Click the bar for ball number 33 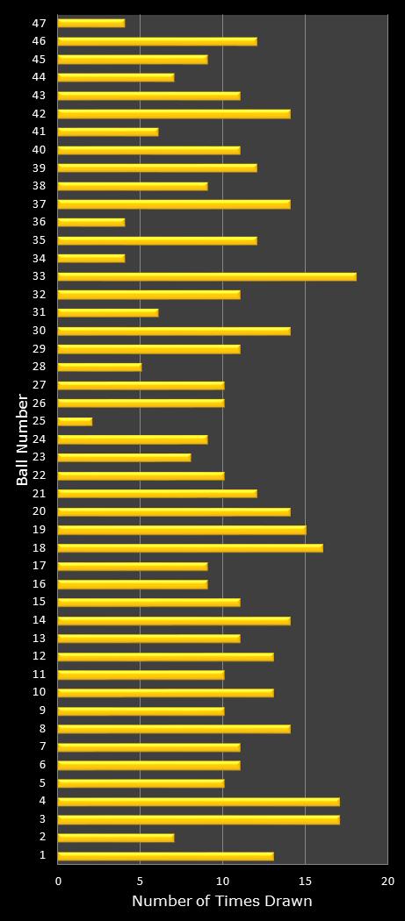(x=206, y=276)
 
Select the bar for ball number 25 (x=75, y=422)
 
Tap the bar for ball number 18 (x=190, y=548)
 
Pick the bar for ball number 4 (x=199, y=802)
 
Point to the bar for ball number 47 (x=91, y=23)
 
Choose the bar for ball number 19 (x=182, y=530)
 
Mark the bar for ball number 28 (x=99, y=368)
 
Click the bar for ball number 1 (x=165, y=856)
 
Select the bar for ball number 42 (x=174, y=114)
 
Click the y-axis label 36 (x=39, y=222)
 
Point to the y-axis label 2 (x=42, y=838)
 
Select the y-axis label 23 (x=39, y=457)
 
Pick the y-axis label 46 (x=39, y=41)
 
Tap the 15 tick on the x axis (x=305, y=881)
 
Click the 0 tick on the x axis (x=58, y=881)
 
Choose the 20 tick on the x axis (x=387, y=881)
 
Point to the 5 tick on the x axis (x=141, y=881)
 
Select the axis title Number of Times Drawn (x=221, y=902)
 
